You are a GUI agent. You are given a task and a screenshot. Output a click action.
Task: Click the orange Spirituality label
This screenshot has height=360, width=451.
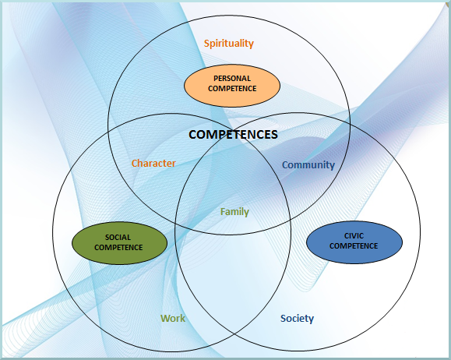(229, 44)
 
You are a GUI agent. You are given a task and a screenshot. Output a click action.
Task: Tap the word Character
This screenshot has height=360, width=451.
(153, 163)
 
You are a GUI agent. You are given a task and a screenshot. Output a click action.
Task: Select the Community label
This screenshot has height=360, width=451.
(308, 165)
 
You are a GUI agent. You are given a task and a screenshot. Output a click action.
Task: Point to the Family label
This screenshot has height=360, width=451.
(234, 212)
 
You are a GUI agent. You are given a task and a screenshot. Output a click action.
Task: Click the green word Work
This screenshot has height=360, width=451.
(173, 318)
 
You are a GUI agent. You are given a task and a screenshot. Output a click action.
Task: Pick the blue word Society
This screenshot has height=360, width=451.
(297, 319)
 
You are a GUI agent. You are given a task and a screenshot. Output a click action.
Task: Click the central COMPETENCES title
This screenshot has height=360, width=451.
(233, 134)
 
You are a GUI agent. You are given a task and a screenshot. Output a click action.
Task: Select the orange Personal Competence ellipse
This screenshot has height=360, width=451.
(232, 86)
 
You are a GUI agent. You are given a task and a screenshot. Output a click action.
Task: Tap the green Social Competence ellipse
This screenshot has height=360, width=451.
(119, 243)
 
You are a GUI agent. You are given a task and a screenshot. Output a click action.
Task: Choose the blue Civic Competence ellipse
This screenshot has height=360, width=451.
(354, 242)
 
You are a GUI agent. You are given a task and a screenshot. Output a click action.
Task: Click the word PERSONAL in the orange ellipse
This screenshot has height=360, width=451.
(232, 78)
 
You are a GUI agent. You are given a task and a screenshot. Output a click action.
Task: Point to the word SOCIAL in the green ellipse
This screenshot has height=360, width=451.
(118, 238)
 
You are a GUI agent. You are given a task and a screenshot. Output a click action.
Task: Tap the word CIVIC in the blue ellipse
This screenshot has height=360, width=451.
(354, 236)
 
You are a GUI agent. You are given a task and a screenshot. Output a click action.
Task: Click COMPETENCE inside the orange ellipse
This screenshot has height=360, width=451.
(232, 88)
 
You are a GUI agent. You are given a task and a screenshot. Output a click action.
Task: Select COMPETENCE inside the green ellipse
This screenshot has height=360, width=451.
(118, 248)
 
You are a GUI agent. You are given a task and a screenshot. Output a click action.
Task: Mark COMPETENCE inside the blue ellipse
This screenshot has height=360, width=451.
(354, 246)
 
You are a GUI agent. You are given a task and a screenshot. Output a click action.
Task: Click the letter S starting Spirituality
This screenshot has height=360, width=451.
(206, 43)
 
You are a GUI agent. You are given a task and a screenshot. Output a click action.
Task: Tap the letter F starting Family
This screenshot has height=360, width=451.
(223, 212)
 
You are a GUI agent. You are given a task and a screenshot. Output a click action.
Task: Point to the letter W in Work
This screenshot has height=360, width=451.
(165, 318)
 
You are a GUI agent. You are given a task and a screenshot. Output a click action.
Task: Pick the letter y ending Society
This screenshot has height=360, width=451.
(312, 320)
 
